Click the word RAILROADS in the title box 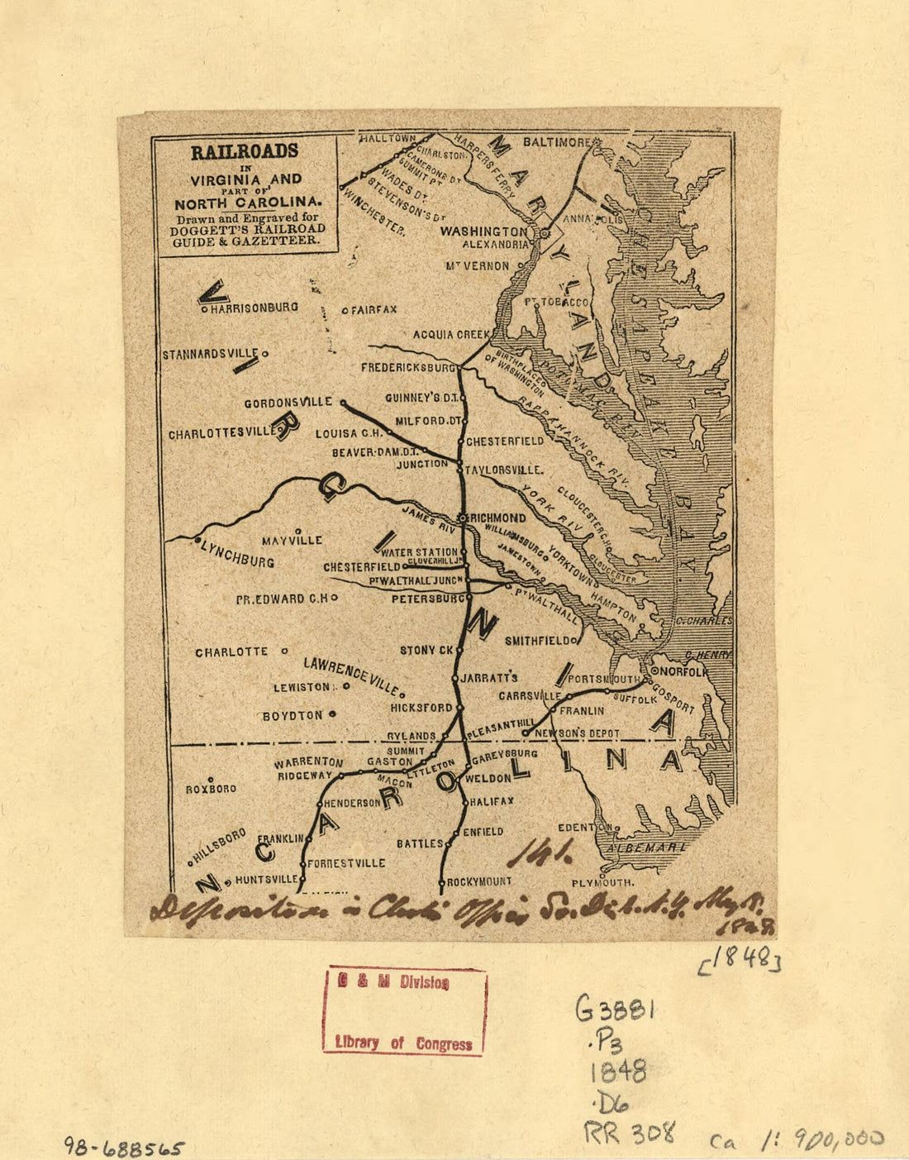point(244,152)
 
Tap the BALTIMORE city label point(555,142)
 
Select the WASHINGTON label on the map point(483,232)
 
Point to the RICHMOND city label point(497,518)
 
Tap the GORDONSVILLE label point(288,403)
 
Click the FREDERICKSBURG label point(408,366)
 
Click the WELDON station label point(488,779)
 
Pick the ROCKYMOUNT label point(479,882)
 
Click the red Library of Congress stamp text point(403,1043)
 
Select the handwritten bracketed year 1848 point(740,960)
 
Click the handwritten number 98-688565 point(125,1147)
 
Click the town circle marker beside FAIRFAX point(345,311)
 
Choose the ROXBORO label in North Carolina point(211,789)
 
